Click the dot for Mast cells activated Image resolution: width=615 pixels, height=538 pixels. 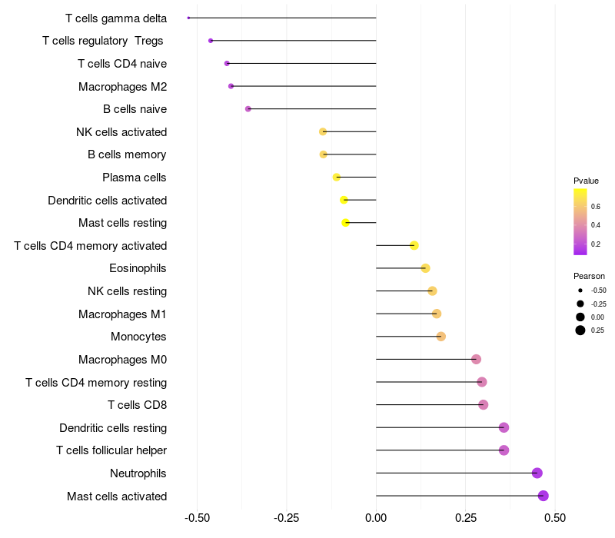[x=544, y=496]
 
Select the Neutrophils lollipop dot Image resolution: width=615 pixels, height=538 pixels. [x=537, y=473]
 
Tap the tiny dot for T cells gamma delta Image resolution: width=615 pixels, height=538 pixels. [x=188, y=18]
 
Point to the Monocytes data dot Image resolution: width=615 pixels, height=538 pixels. [x=440, y=337]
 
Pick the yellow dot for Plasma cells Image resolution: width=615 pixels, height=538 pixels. [x=337, y=178]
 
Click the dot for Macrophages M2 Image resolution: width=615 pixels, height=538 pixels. [x=231, y=86]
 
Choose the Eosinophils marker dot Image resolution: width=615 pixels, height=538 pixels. [x=425, y=268]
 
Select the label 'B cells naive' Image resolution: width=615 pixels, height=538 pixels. [x=135, y=109]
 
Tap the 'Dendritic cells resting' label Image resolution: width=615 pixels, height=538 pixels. [x=113, y=427]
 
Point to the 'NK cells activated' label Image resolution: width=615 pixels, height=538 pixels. [x=121, y=132]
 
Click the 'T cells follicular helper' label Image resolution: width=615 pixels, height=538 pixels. [x=111, y=450]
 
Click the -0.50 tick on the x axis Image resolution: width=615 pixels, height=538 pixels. [x=198, y=518]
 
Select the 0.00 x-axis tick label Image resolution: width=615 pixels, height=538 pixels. [x=376, y=518]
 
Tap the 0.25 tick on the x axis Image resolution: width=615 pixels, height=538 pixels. [x=465, y=518]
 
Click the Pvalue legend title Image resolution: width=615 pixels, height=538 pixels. [x=586, y=181]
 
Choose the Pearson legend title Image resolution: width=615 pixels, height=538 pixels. [x=589, y=276]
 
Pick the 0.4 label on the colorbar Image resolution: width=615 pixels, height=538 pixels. [x=596, y=225]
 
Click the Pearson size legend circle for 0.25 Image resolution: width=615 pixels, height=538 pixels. [x=580, y=330]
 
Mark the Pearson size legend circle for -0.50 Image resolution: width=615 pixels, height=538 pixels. [x=580, y=291]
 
